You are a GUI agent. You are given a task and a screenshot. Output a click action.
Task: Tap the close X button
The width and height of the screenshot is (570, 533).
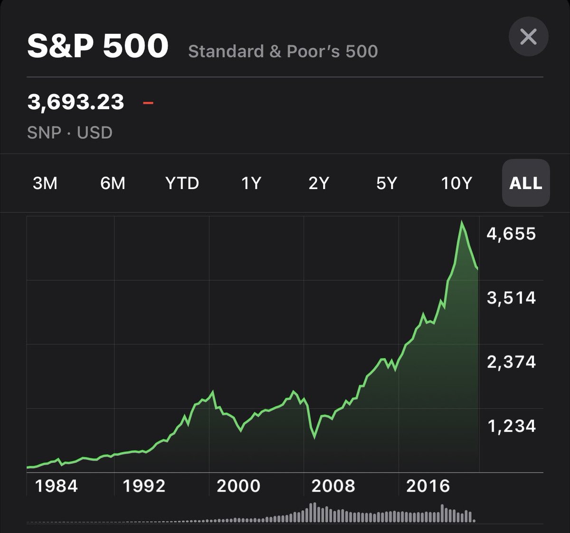[x=528, y=37]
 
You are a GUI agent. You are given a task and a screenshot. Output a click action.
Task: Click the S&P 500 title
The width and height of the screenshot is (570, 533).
[x=98, y=46]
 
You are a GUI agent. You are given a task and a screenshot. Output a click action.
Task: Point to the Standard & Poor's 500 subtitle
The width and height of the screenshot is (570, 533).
[x=283, y=51]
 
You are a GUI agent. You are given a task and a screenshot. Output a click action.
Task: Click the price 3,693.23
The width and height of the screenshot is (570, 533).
[x=76, y=102]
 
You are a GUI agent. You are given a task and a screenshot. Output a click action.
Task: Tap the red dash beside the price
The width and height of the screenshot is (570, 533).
[x=148, y=102]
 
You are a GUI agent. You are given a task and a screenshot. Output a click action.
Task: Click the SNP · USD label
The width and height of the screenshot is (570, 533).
[x=70, y=133]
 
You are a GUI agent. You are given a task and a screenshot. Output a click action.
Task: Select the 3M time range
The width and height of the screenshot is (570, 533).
[x=45, y=183]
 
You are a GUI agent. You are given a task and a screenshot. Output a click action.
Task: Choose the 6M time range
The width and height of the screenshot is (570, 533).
[x=113, y=183]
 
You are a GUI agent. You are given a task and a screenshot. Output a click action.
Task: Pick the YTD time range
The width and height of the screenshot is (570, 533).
[x=182, y=183]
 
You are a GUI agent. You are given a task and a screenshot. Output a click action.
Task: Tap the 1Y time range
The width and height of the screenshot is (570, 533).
[x=251, y=183]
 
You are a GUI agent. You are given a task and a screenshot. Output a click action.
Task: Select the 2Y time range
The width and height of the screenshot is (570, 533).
[x=318, y=183]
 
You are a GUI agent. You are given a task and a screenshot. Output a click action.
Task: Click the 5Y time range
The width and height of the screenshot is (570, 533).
[x=386, y=183]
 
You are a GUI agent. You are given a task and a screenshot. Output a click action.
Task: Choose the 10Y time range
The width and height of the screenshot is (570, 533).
[x=456, y=183]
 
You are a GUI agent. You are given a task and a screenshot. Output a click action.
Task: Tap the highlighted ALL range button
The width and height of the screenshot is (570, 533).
[x=526, y=183]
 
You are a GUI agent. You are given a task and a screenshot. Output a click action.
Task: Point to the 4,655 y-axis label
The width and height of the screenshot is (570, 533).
[x=511, y=234]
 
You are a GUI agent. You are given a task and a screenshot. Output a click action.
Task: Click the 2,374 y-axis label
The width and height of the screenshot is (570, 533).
[x=511, y=362]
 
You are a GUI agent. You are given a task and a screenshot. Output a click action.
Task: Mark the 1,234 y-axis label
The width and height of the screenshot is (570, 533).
[x=511, y=426]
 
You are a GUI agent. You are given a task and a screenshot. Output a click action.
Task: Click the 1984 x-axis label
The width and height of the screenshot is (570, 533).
[x=57, y=486]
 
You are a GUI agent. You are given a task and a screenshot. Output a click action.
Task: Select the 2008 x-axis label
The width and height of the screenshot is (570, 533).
[x=333, y=486]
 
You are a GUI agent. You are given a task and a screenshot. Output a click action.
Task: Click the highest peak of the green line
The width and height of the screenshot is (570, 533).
[x=461, y=222]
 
